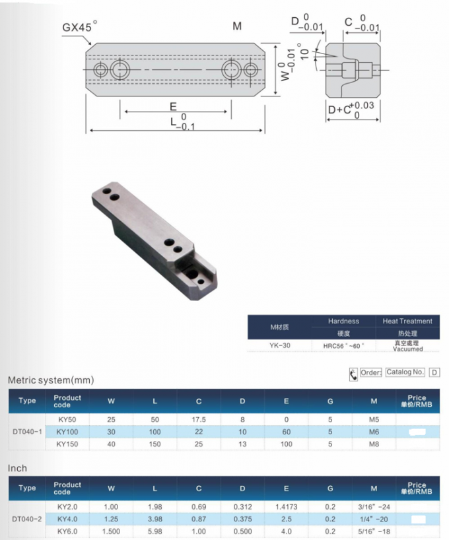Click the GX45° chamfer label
pos(79,28)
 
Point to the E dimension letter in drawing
pos(172,106)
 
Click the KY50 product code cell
pos(67,420)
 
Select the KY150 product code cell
pos(67,444)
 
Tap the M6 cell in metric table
pos(374,432)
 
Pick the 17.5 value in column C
pos(199,420)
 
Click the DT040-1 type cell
pos(27,432)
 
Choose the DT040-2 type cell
pos(27,519)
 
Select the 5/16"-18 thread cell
pos(374,531)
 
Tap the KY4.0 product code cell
pos(67,519)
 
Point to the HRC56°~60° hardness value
pos(343,345)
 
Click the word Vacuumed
pos(407,348)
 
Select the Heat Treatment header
pos(407,321)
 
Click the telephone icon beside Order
pos(353,374)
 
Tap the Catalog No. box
pos(405,372)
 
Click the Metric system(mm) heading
pos(51,380)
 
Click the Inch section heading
pos(18,468)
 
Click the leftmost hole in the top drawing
pos(100,69)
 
